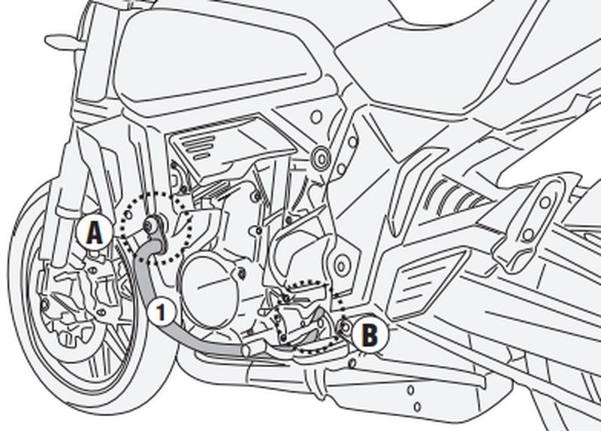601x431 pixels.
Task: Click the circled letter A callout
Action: coord(93,235)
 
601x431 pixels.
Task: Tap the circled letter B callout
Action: coord(369,333)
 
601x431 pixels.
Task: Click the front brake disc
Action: coord(71,301)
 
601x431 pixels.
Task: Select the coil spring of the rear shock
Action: coord(451,200)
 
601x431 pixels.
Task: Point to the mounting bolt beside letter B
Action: coord(345,326)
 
